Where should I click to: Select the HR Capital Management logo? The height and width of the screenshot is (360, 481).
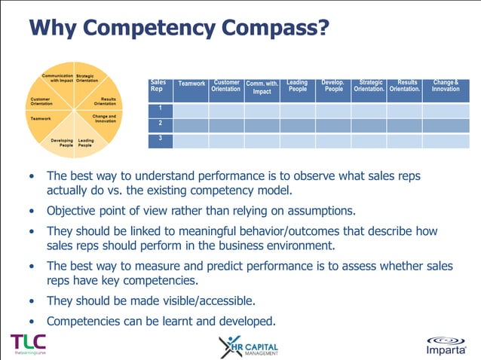[x=248, y=346]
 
